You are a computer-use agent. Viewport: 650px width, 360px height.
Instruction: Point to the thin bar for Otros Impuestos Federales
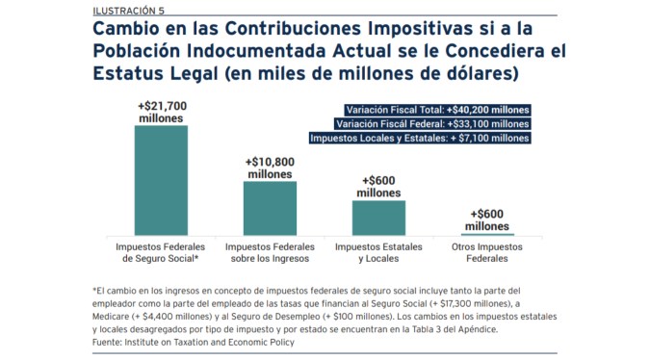click(487, 233)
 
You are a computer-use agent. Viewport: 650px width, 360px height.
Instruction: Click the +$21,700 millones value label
click(161, 109)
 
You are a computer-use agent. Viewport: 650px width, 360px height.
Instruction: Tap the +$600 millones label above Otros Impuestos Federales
click(487, 219)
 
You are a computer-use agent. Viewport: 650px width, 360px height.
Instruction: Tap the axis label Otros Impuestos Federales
click(487, 253)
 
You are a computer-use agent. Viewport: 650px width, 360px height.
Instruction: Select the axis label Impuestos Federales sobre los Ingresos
click(270, 253)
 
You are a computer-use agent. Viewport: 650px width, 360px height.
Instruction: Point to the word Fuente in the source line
click(108, 342)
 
